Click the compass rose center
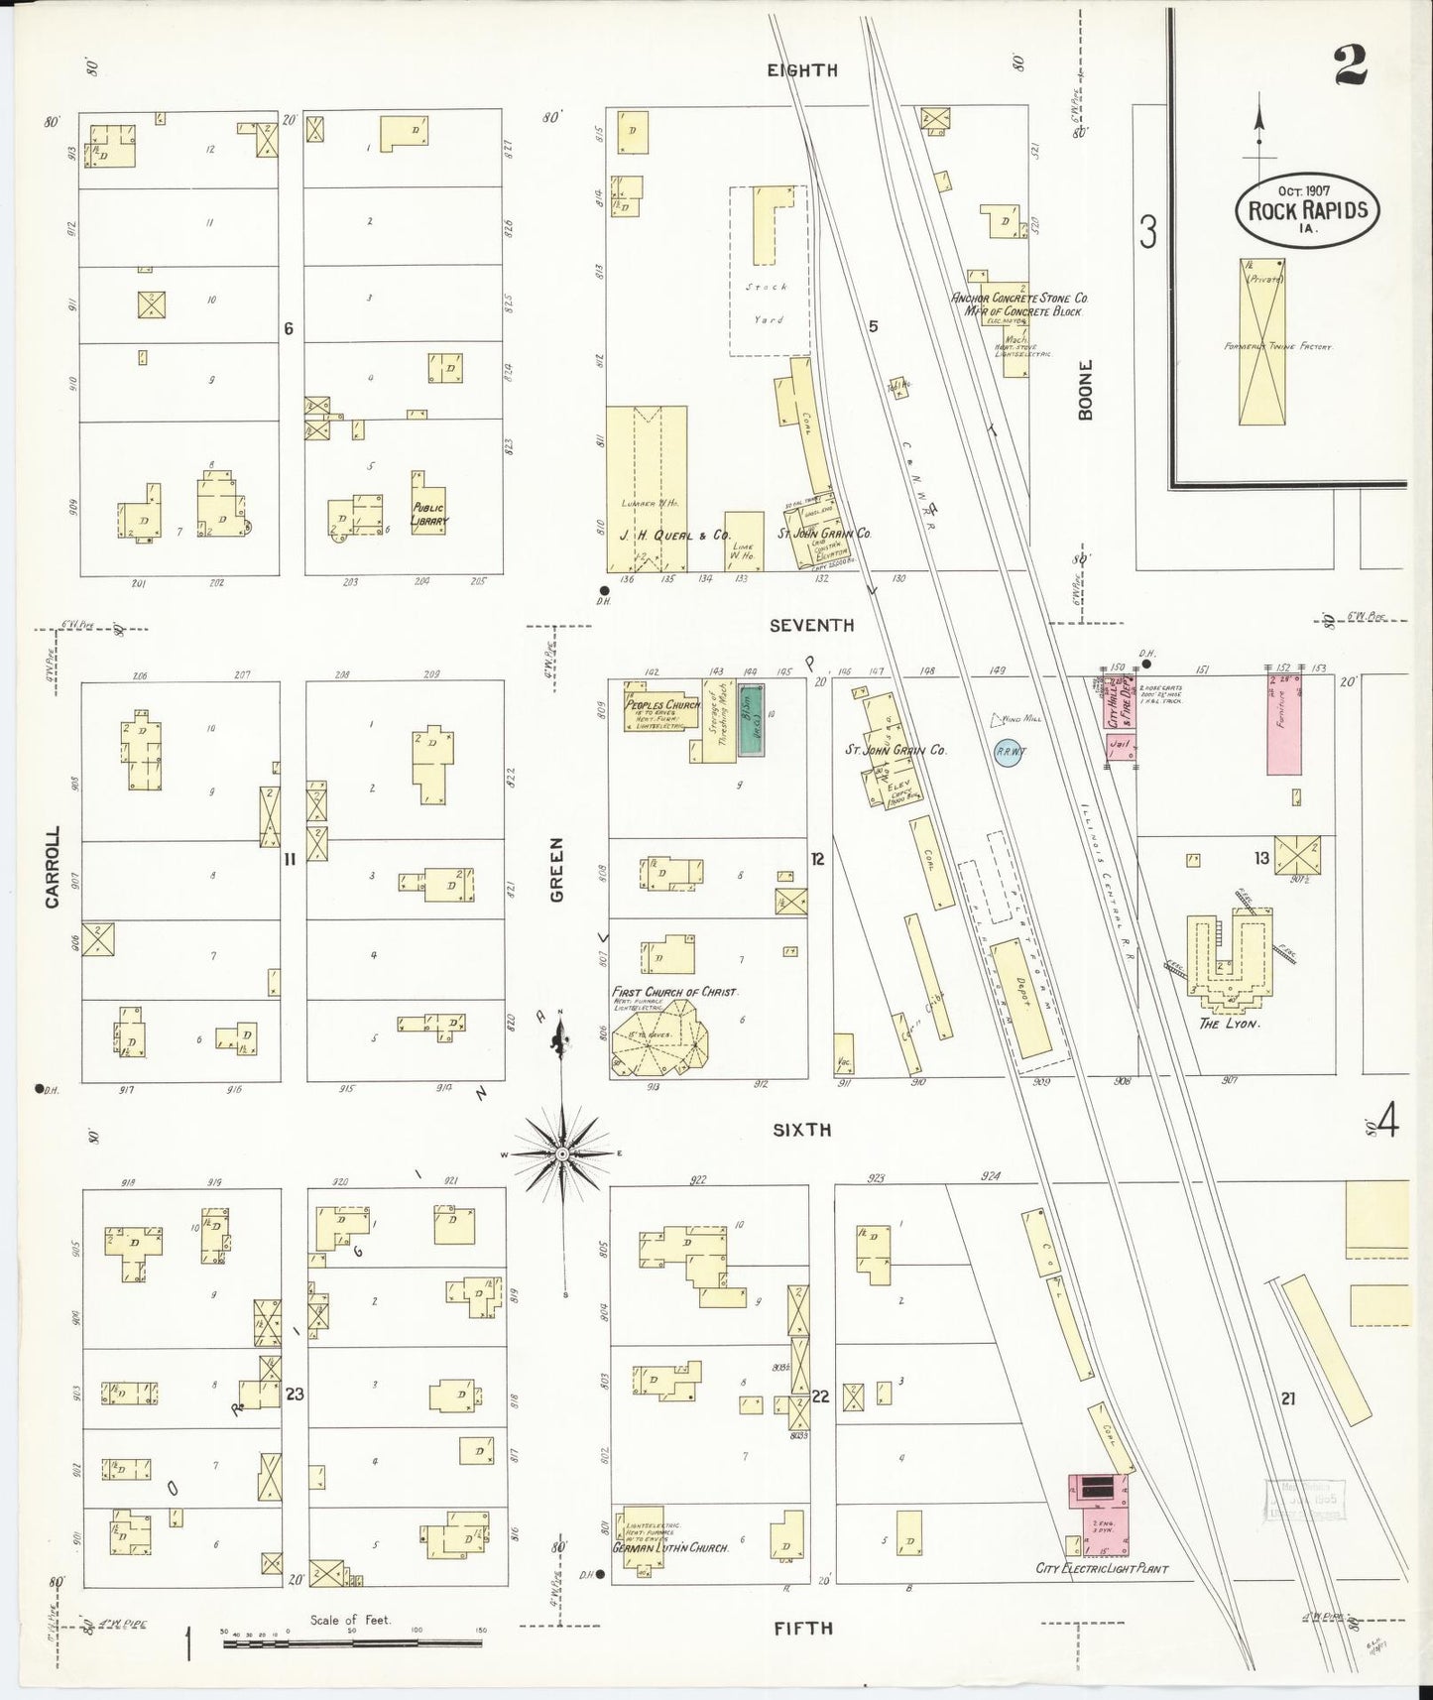[x=561, y=1154]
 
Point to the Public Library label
[x=429, y=514]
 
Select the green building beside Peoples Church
[x=753, y=720]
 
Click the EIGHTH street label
[x=802, y=70]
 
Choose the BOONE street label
[x=1086, y=390]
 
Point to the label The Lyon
[x=1229, y=1023]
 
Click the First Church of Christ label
[x=674, y=991]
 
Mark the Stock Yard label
[x=768, y=303]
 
